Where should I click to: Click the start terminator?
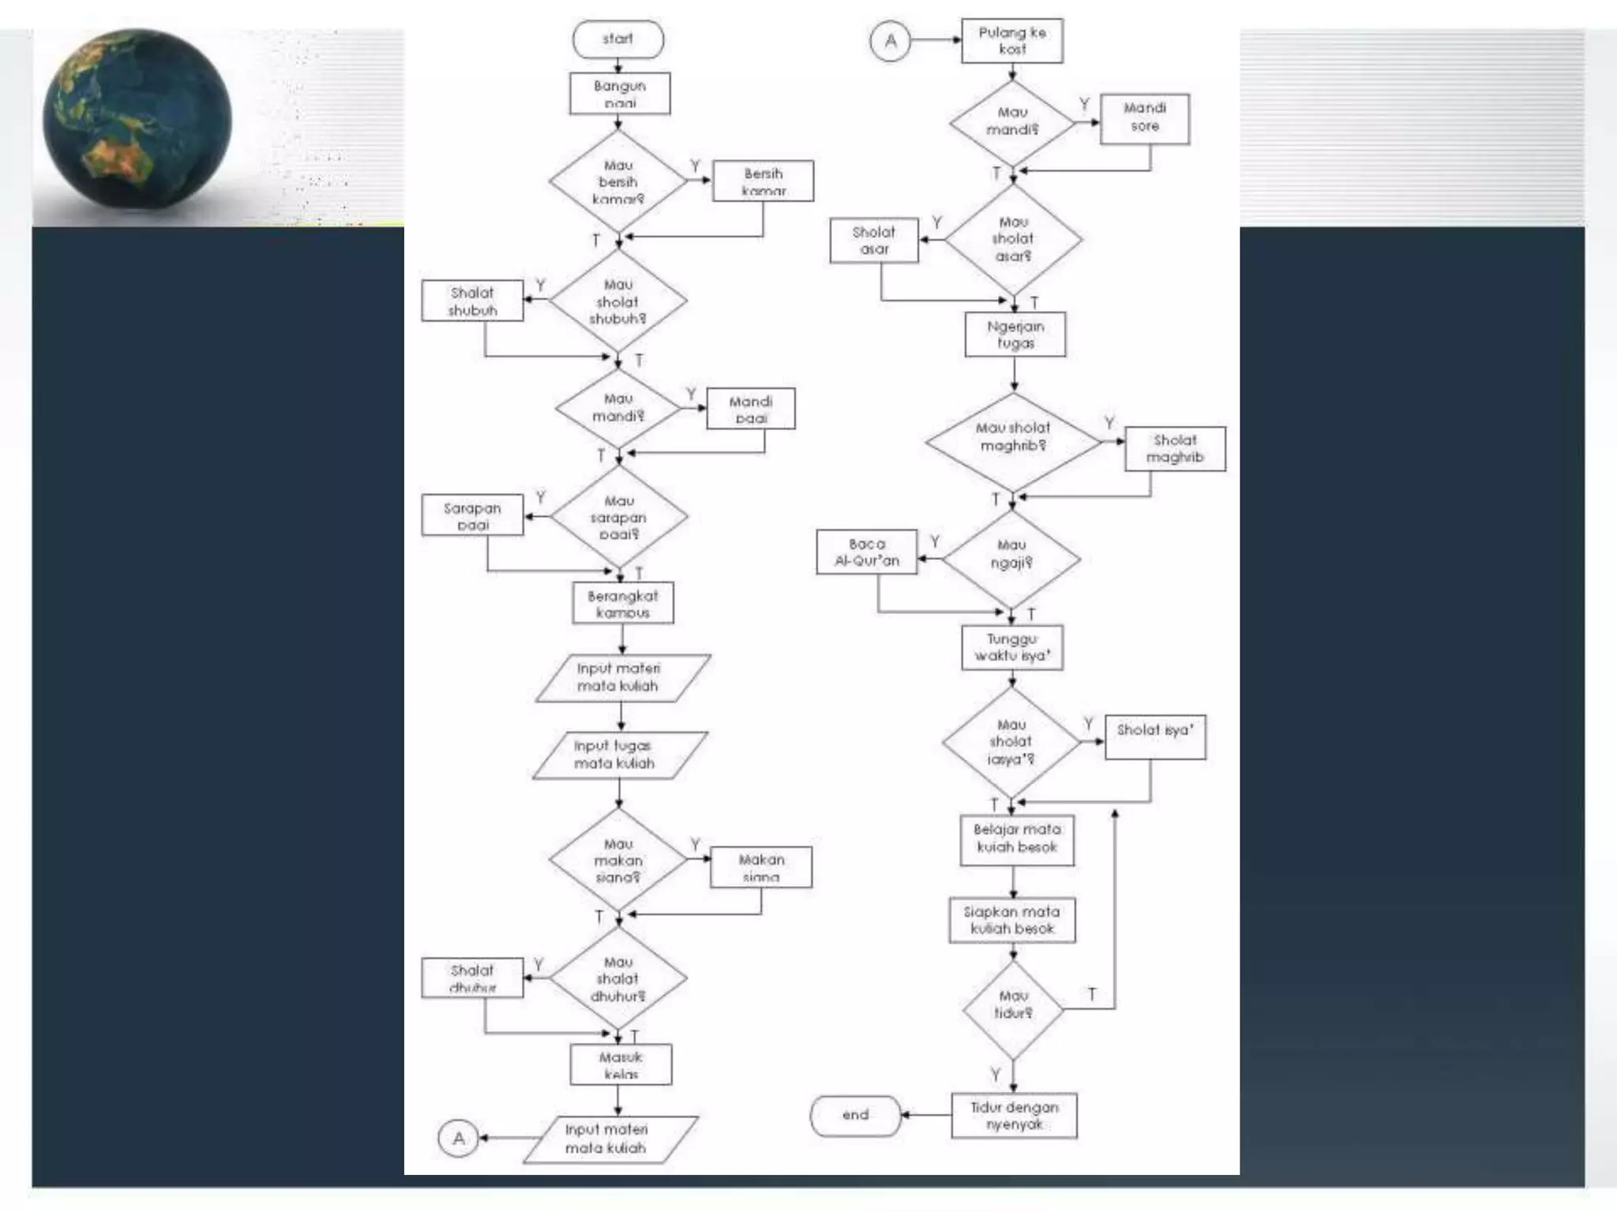pos(617,39)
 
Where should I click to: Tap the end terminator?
pos(855,1115)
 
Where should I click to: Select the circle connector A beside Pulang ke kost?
pos(890,41)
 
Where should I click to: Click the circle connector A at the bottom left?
pos(459,1139)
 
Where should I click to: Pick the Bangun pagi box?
pos(620,94)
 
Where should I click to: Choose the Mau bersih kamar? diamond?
pos(618,182)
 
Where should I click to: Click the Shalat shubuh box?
pos(472,301)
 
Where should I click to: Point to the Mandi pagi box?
pos(750,409)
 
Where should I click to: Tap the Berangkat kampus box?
pos(623,604)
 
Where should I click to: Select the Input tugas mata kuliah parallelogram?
pos(618,755)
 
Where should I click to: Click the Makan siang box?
pos(761,867)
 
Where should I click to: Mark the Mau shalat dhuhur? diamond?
pos(618,978)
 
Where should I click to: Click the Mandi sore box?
pos(1144,118)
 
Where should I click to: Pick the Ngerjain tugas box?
pos(1015,335)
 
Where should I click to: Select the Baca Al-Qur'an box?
pos(866,552)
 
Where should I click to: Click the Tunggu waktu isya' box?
pos(1012,648)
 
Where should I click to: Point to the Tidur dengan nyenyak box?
pos(1014,1115)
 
